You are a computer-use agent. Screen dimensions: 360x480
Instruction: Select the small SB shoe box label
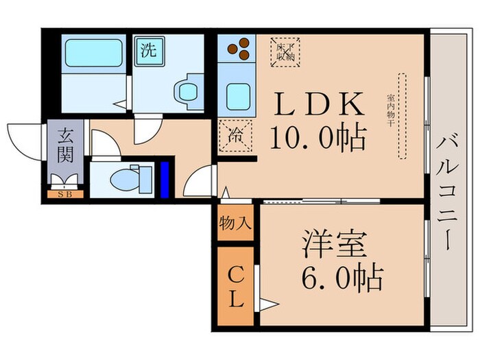[x=66, y=194]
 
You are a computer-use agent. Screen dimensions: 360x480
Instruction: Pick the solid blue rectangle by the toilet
[x=164, y=180]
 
